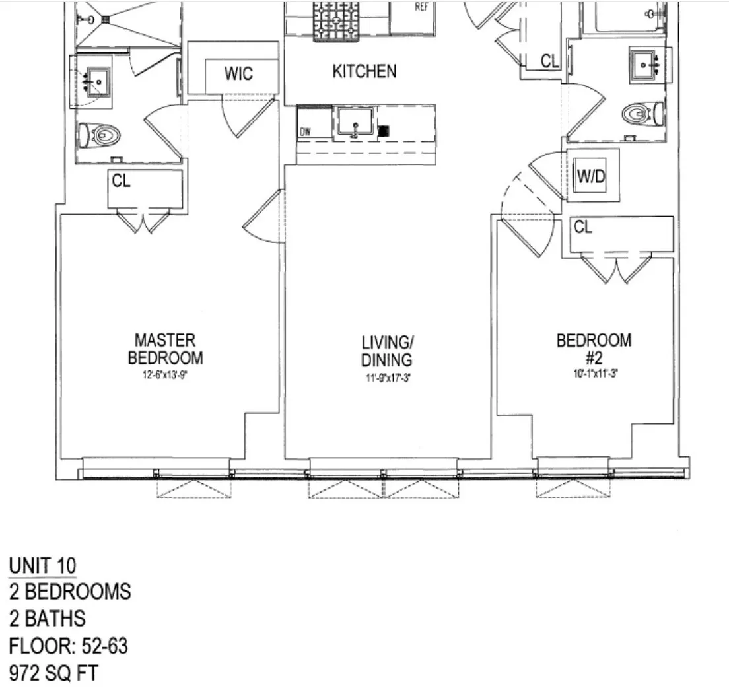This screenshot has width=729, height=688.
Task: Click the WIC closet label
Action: point(238,73)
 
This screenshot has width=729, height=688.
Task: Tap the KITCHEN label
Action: point(364,71)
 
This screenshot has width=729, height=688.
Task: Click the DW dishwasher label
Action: point(305,132)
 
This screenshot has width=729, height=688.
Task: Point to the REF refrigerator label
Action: point(421,7)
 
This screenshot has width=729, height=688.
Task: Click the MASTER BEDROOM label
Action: point(165,349)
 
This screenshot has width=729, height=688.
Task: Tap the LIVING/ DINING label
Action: point(387,351)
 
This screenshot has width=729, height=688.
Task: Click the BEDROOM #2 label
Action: point(594,349)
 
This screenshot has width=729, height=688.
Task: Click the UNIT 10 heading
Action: point(42,566)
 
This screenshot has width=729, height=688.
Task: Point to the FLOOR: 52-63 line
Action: point(69,646)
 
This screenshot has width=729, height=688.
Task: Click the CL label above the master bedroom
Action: point(121,182)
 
